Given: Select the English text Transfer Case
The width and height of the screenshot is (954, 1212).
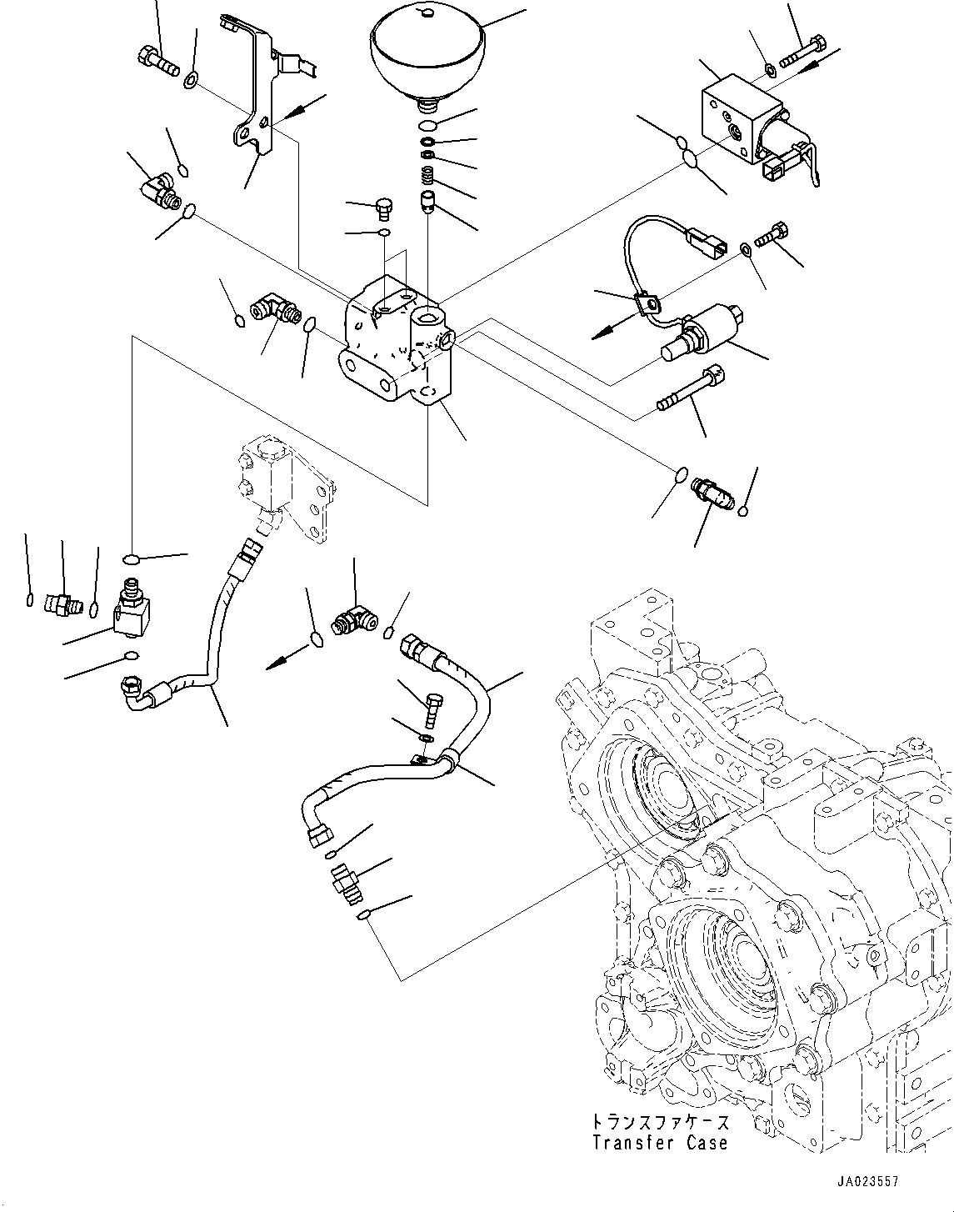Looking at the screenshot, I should click(659, 1143).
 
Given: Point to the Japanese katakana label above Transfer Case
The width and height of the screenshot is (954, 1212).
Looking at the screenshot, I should click(659, 1121).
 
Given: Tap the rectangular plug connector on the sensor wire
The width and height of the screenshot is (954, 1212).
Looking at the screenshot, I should click(700, 245).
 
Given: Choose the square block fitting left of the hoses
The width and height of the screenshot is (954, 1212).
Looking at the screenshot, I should click(131, 618).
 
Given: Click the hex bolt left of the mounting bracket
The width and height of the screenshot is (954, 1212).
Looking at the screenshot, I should click(156, 60).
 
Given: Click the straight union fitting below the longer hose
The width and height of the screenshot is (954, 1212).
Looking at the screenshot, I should click(344, 884).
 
